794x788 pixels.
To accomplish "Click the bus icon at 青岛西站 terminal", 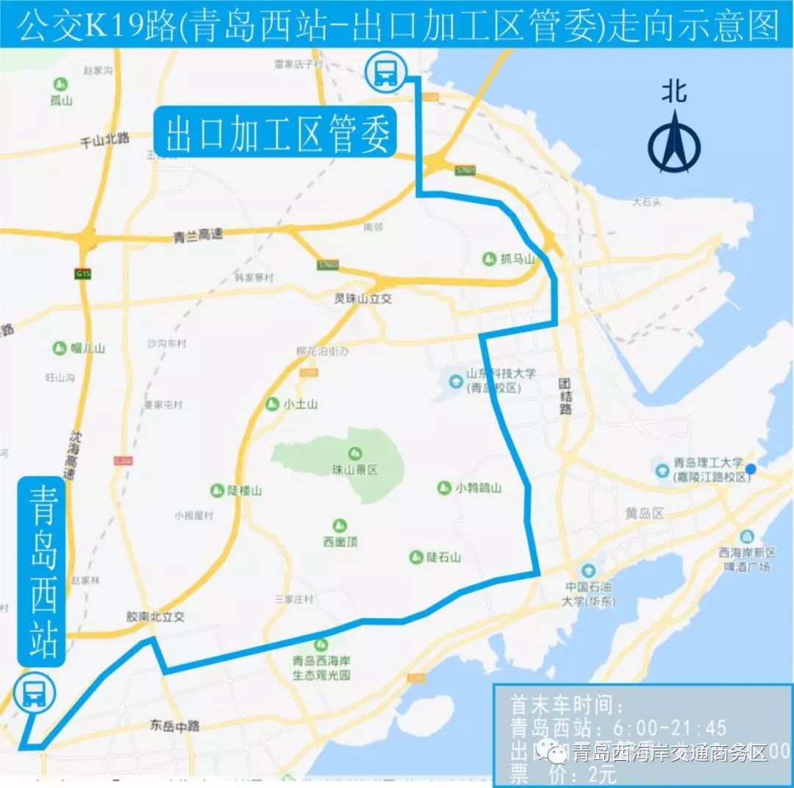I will (x=34, y=692).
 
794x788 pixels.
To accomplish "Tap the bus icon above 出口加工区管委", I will (x=386, y=72).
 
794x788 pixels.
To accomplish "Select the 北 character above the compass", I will (x=673, y=91).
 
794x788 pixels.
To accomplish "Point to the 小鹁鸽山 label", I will (x=478, y=487).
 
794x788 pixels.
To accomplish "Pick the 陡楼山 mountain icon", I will (x=217, y=490).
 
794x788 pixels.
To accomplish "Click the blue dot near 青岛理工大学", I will (x=751, y=469).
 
